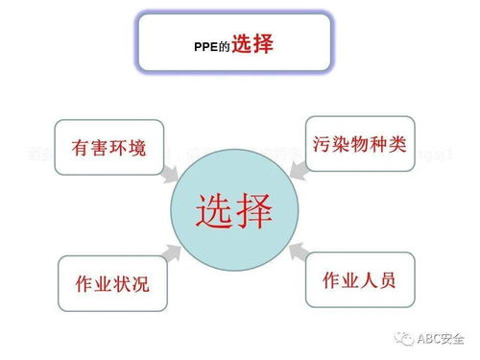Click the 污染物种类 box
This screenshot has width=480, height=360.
(x=360, y=144)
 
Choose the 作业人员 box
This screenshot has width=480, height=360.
(x=355, y=282)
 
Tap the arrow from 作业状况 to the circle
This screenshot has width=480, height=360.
(x=173, y=251)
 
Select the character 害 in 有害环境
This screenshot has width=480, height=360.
(x=92, y=148)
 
